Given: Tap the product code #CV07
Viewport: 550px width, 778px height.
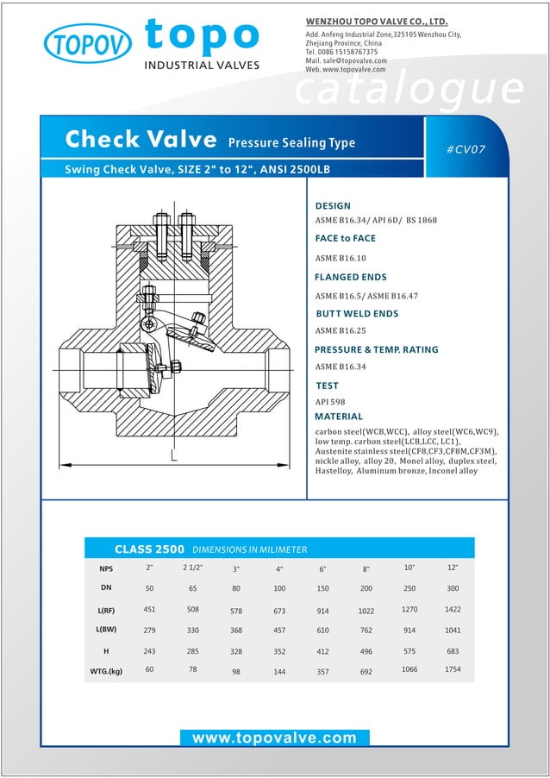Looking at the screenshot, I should tap(466, 149).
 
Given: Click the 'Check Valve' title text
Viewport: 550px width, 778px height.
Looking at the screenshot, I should tap(141, 140).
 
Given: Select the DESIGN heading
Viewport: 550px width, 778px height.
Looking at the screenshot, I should tap(333, 206).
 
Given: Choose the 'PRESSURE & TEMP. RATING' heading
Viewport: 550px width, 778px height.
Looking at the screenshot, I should tap(376, 350).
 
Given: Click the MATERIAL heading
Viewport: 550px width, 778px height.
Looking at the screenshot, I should tap(339, 417).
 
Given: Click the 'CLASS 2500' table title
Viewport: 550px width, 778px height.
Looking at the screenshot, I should tap(149, 549).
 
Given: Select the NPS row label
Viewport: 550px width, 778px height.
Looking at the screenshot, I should tap(106, 569).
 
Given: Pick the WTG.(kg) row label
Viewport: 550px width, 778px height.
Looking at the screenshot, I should tap(106, 671).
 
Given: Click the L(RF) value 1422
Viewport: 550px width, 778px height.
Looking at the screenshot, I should tap(453, 609).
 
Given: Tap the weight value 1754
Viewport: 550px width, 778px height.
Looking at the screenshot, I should tap(453, 669).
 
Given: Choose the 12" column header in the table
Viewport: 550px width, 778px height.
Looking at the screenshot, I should tap(453, 568).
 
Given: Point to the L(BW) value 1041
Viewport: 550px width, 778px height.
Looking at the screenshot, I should tap(453, 631).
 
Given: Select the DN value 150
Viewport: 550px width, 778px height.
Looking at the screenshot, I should tap(322, 589).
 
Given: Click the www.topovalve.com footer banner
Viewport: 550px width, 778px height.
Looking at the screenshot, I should tap(274, 738).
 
